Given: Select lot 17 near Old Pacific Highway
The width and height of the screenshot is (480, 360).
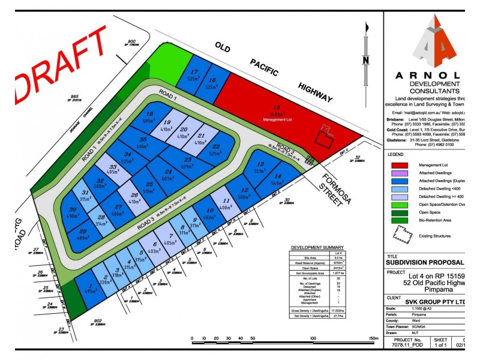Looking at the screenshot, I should coord(193,74).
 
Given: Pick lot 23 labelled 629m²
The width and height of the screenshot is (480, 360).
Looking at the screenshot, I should coord(188,162).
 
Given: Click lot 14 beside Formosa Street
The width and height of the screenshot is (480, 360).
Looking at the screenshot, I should coord(278,179).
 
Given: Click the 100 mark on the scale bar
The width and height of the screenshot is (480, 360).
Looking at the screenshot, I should coord(314,338).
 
